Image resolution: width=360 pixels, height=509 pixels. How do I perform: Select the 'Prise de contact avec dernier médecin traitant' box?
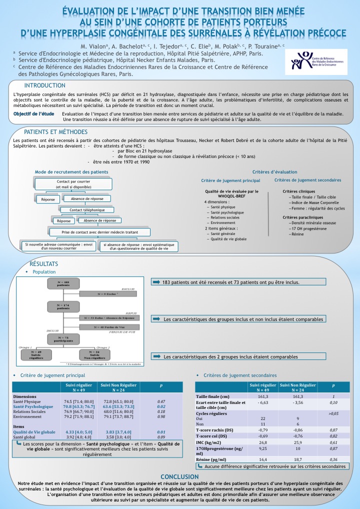(100, 232)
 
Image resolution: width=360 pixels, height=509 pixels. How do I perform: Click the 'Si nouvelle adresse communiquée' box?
(59, 245)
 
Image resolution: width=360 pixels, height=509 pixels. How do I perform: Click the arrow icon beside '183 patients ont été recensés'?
(156, 282)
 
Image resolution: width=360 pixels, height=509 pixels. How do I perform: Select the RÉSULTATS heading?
(44, 263)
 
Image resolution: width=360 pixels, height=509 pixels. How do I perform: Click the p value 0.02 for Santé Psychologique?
(161, 406)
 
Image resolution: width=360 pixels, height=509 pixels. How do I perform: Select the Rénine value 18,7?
(297, 458)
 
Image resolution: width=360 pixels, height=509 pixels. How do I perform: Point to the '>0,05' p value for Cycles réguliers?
(334, 413)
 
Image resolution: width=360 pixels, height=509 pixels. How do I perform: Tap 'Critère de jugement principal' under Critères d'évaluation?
(230, 180)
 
